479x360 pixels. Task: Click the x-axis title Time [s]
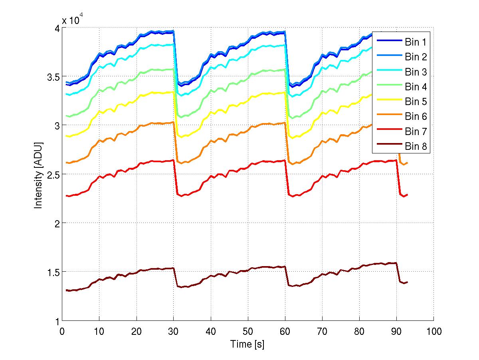tap(247, 344)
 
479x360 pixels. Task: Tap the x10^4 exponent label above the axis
tap(72, 20)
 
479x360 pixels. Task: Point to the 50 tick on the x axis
tap(248, 331)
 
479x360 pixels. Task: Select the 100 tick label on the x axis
tap(434, 331)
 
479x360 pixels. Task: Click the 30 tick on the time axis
tap(174, 331)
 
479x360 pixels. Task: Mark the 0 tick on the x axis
tap(62, 331)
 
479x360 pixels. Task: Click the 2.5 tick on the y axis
tap(52, 174)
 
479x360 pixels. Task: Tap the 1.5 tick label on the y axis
tap(52, 272)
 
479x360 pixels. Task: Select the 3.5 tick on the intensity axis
tap(52, 77)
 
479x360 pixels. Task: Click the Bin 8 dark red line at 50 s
tap(248, 270)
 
